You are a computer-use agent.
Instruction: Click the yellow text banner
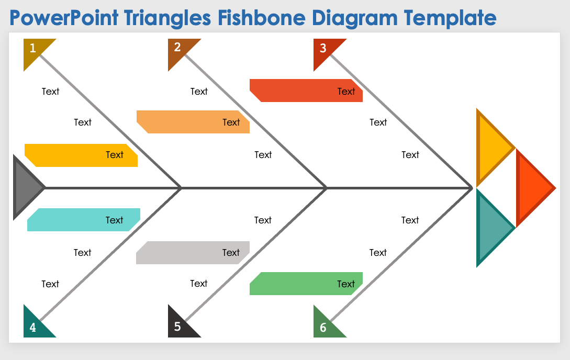pos(81,155)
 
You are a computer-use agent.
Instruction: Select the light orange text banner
pos(193,122)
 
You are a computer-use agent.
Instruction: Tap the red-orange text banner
pos(306,91)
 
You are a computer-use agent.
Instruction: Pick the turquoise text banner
pos(84,220)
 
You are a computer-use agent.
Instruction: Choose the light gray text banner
pos(193,253)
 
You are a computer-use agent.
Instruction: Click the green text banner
pos(306,284)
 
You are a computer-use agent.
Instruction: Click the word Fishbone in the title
pos(262,18)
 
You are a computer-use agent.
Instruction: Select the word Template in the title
pos(450,18)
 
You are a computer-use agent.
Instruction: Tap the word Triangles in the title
pos(167,18)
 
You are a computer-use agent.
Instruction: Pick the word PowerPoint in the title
pos(64,18)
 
